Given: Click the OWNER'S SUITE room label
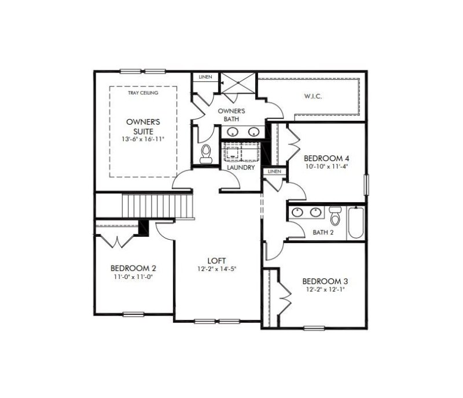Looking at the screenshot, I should click(143, 127).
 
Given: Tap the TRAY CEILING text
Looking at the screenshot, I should click(143, 92).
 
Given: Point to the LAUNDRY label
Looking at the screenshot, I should click(241, 168).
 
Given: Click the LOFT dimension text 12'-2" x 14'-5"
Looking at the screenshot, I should click(216, 269).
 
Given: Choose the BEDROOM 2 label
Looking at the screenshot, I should click(133, 268).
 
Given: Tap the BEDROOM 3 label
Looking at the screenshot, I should click(325, 281).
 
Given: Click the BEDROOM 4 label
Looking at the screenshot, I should click(326, 158).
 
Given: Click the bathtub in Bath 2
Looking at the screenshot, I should click(355, 225).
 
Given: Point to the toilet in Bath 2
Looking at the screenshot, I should click(335, 217).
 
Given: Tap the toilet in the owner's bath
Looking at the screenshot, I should click(205, 154).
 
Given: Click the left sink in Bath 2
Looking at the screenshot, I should click(297, 212).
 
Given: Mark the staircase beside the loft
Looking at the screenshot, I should click(156, 206).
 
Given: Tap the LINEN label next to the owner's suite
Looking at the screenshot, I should click(205, 77).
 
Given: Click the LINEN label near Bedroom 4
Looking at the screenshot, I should click(274, 172).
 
